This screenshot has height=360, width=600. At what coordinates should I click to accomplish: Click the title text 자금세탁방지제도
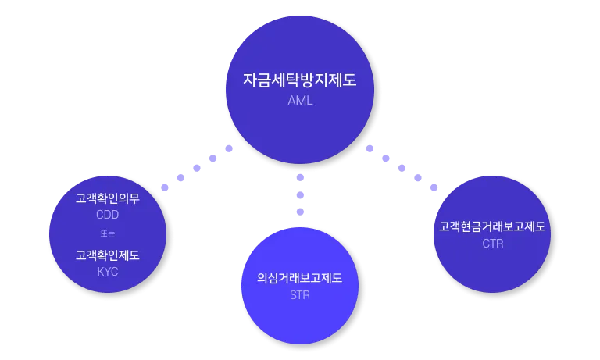coord(300,80)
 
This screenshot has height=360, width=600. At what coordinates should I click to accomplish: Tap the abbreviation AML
coord(300,100)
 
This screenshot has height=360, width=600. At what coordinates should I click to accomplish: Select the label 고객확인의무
coord(108,198)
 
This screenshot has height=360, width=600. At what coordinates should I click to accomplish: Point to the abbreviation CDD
coord(108,215)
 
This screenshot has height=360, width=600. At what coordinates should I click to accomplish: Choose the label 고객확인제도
coord(108,255)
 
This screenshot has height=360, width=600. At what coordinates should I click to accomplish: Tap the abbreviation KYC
coord(108,271)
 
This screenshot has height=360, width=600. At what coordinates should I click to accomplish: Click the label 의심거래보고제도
coord(300,278)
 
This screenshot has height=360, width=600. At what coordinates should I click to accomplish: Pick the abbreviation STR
coord(300,294)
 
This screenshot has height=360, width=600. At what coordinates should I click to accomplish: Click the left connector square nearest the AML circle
coord(230,148)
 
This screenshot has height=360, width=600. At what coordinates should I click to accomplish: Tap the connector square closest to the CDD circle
coord(163,187)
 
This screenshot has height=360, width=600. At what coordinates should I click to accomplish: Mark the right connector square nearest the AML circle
coord(369,149)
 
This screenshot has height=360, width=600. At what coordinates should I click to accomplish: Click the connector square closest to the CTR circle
coord(435,187)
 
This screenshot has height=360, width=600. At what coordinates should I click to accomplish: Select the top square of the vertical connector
coord(300,176)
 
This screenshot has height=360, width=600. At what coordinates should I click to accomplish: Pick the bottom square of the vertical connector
coord(300,212)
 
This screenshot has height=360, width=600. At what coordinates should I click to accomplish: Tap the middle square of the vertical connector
coord(300,194)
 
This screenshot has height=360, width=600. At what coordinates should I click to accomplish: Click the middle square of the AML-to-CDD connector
coord(197,168)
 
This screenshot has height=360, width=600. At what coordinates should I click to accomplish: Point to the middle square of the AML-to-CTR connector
coord(401,168)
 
